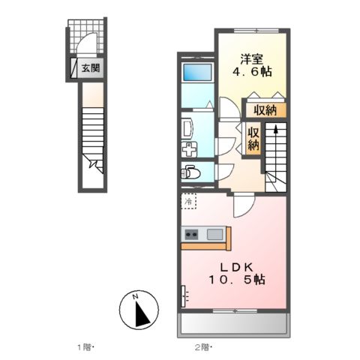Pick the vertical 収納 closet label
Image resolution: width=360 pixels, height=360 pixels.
pos(254,139)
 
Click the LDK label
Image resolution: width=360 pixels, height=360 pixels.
pos(235,265)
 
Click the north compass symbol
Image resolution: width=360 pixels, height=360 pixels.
pos(139,309)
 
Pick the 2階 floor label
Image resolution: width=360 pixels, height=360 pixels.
pos(203,346)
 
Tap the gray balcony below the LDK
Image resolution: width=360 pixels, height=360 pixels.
pos(234,325)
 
